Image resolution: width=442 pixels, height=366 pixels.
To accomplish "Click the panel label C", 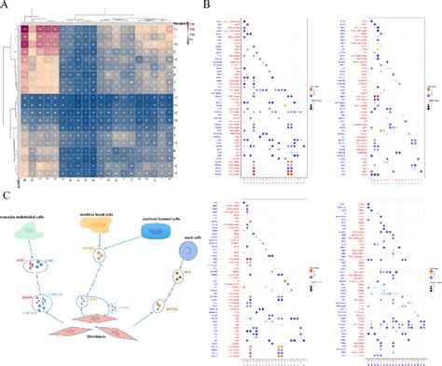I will tap(7, 195).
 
